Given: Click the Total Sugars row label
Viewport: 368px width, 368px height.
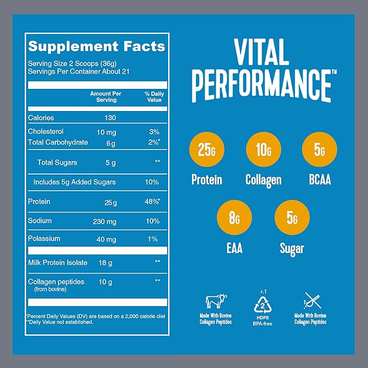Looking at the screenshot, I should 57,163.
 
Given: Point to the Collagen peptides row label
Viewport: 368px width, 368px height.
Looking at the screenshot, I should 56,282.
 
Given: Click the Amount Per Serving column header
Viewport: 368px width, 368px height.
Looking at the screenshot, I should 105,96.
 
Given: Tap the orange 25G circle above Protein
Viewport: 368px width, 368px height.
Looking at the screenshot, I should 206,150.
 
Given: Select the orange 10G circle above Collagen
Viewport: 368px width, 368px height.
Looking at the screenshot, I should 263,150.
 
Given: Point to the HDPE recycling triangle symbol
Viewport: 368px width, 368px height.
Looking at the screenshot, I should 262,301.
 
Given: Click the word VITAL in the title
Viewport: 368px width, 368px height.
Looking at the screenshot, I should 262,54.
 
